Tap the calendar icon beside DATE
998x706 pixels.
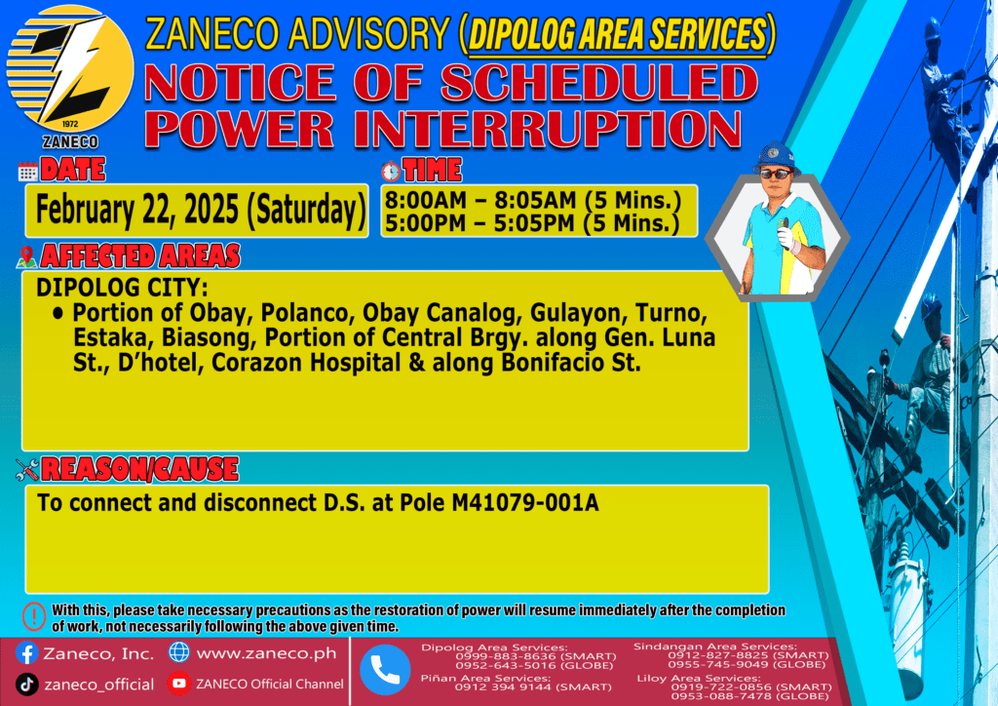pos(28,172)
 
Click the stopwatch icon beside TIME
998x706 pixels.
pos(391,171)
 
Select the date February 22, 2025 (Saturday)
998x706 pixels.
pos(200,210)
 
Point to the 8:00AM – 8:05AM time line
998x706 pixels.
pos(533,200)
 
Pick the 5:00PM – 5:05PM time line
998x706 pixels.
pos(532,223)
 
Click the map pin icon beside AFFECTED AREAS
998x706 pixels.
pos(26,256)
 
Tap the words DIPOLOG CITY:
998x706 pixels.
pos(122,287)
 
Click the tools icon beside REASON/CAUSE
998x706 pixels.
pos(27,469)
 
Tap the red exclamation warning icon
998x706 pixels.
pos(34,616)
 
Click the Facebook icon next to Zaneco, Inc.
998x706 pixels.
pos(27,653)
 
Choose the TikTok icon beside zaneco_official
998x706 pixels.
pos(26,685)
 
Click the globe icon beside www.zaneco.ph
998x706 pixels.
pos(179,652)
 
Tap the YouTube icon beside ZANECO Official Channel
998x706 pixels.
pos(179,683)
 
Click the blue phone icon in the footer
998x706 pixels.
pos(385,670)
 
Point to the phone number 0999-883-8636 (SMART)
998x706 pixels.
pos(536,655)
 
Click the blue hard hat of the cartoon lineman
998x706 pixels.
pos(776,156)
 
